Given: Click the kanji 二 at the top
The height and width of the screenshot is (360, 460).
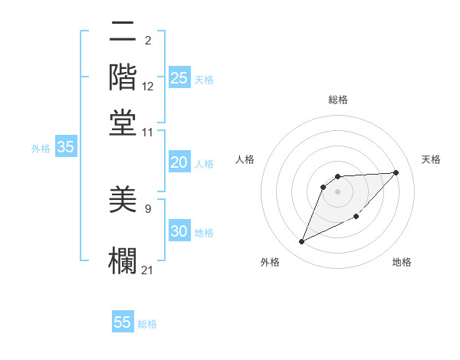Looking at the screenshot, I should coord(123,33).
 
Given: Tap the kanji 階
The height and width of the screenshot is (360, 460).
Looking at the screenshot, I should coord(123,77).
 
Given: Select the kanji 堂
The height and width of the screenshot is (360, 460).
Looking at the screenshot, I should coord(123,123).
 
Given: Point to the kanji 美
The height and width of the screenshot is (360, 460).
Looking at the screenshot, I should coord(123,201).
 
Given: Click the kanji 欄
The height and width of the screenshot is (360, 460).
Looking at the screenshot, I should coord(123,259).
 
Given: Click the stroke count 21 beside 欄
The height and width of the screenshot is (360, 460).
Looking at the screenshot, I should coord(148,269).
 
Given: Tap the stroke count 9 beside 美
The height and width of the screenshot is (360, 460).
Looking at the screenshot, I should coord(148,208).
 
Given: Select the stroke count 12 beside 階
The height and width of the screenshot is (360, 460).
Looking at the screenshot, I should coord(148,87).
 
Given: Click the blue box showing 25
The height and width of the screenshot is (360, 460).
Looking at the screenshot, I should coord(179,78).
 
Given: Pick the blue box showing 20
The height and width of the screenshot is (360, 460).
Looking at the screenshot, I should coord(179,162).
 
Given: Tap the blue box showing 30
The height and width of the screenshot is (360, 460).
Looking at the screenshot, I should coord(179,232).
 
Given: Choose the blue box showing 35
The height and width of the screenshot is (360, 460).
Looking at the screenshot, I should coord(65,148).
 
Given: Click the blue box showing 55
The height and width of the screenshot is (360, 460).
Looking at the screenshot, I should coord(123,322).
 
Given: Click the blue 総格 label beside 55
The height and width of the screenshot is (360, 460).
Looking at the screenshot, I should coord(147,324).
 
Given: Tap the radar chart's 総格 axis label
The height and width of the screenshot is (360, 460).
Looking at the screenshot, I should coord(337,100).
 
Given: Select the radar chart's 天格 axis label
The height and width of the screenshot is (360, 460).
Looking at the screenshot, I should coord(431,159).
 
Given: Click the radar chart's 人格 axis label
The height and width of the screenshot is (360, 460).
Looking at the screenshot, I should coord(245,159).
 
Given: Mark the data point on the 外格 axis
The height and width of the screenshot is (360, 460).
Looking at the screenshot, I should coord(301,242).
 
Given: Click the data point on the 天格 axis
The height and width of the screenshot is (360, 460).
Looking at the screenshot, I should coord(396,172).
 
